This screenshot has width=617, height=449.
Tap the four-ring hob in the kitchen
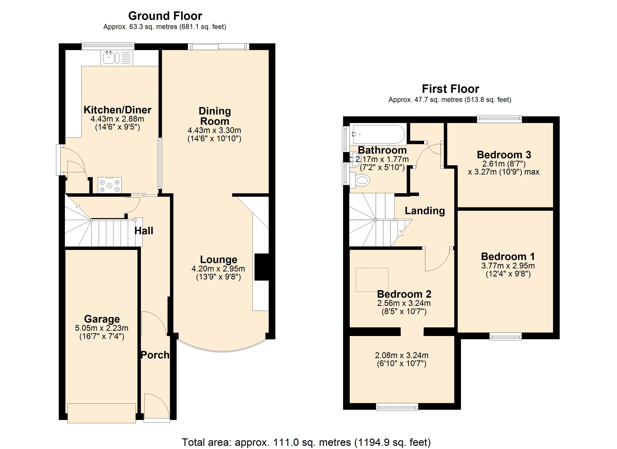[x=110, y=185]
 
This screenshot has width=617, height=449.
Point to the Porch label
[x=155, y=355]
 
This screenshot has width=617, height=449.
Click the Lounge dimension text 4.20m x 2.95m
[x=218, y=269]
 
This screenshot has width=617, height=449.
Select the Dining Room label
[x=215, y=116]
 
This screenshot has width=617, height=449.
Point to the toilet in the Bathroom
[x=362, y=180]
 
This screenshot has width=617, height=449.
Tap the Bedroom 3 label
[x=504, y=155]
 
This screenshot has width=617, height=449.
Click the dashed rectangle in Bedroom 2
[x=372, y=280]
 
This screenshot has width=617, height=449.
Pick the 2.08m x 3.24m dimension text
[x=402, y=355]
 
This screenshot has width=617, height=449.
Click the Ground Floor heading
[x=165, y=16]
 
